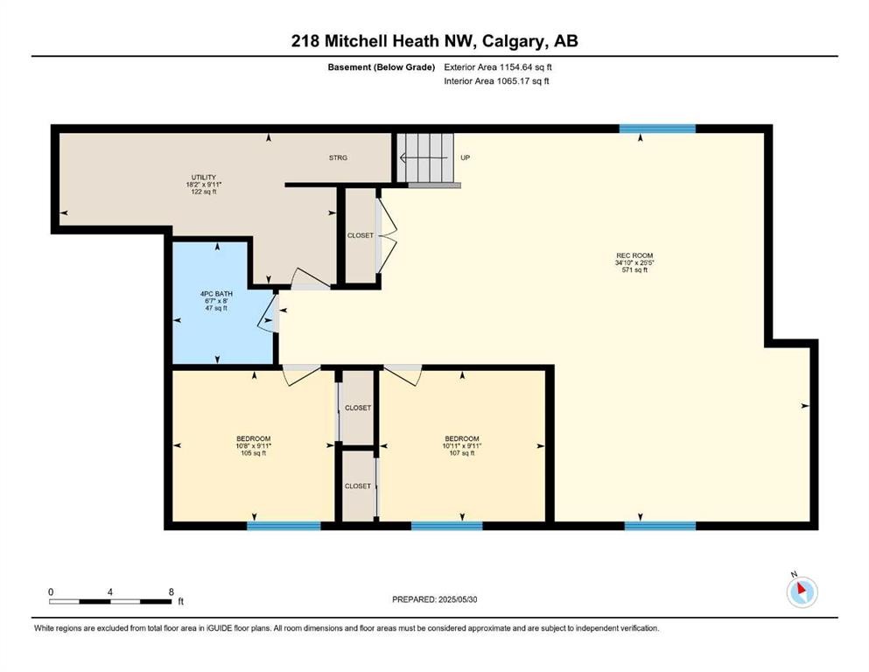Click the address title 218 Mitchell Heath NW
point(435,40)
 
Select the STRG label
point(338,157)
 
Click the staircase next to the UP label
point(427,158)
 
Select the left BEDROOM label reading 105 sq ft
point(254,445)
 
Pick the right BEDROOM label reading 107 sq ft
point(462,445)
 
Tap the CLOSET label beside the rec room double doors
point(359,235)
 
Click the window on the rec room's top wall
point(657,129)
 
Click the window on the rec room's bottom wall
point(660,526)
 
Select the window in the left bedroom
point(284,526)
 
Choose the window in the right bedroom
point(446,526)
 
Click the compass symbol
point(801,592)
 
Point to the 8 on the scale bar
point(170,591)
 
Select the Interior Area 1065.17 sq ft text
point(496,81)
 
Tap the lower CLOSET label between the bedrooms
point(357,486)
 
